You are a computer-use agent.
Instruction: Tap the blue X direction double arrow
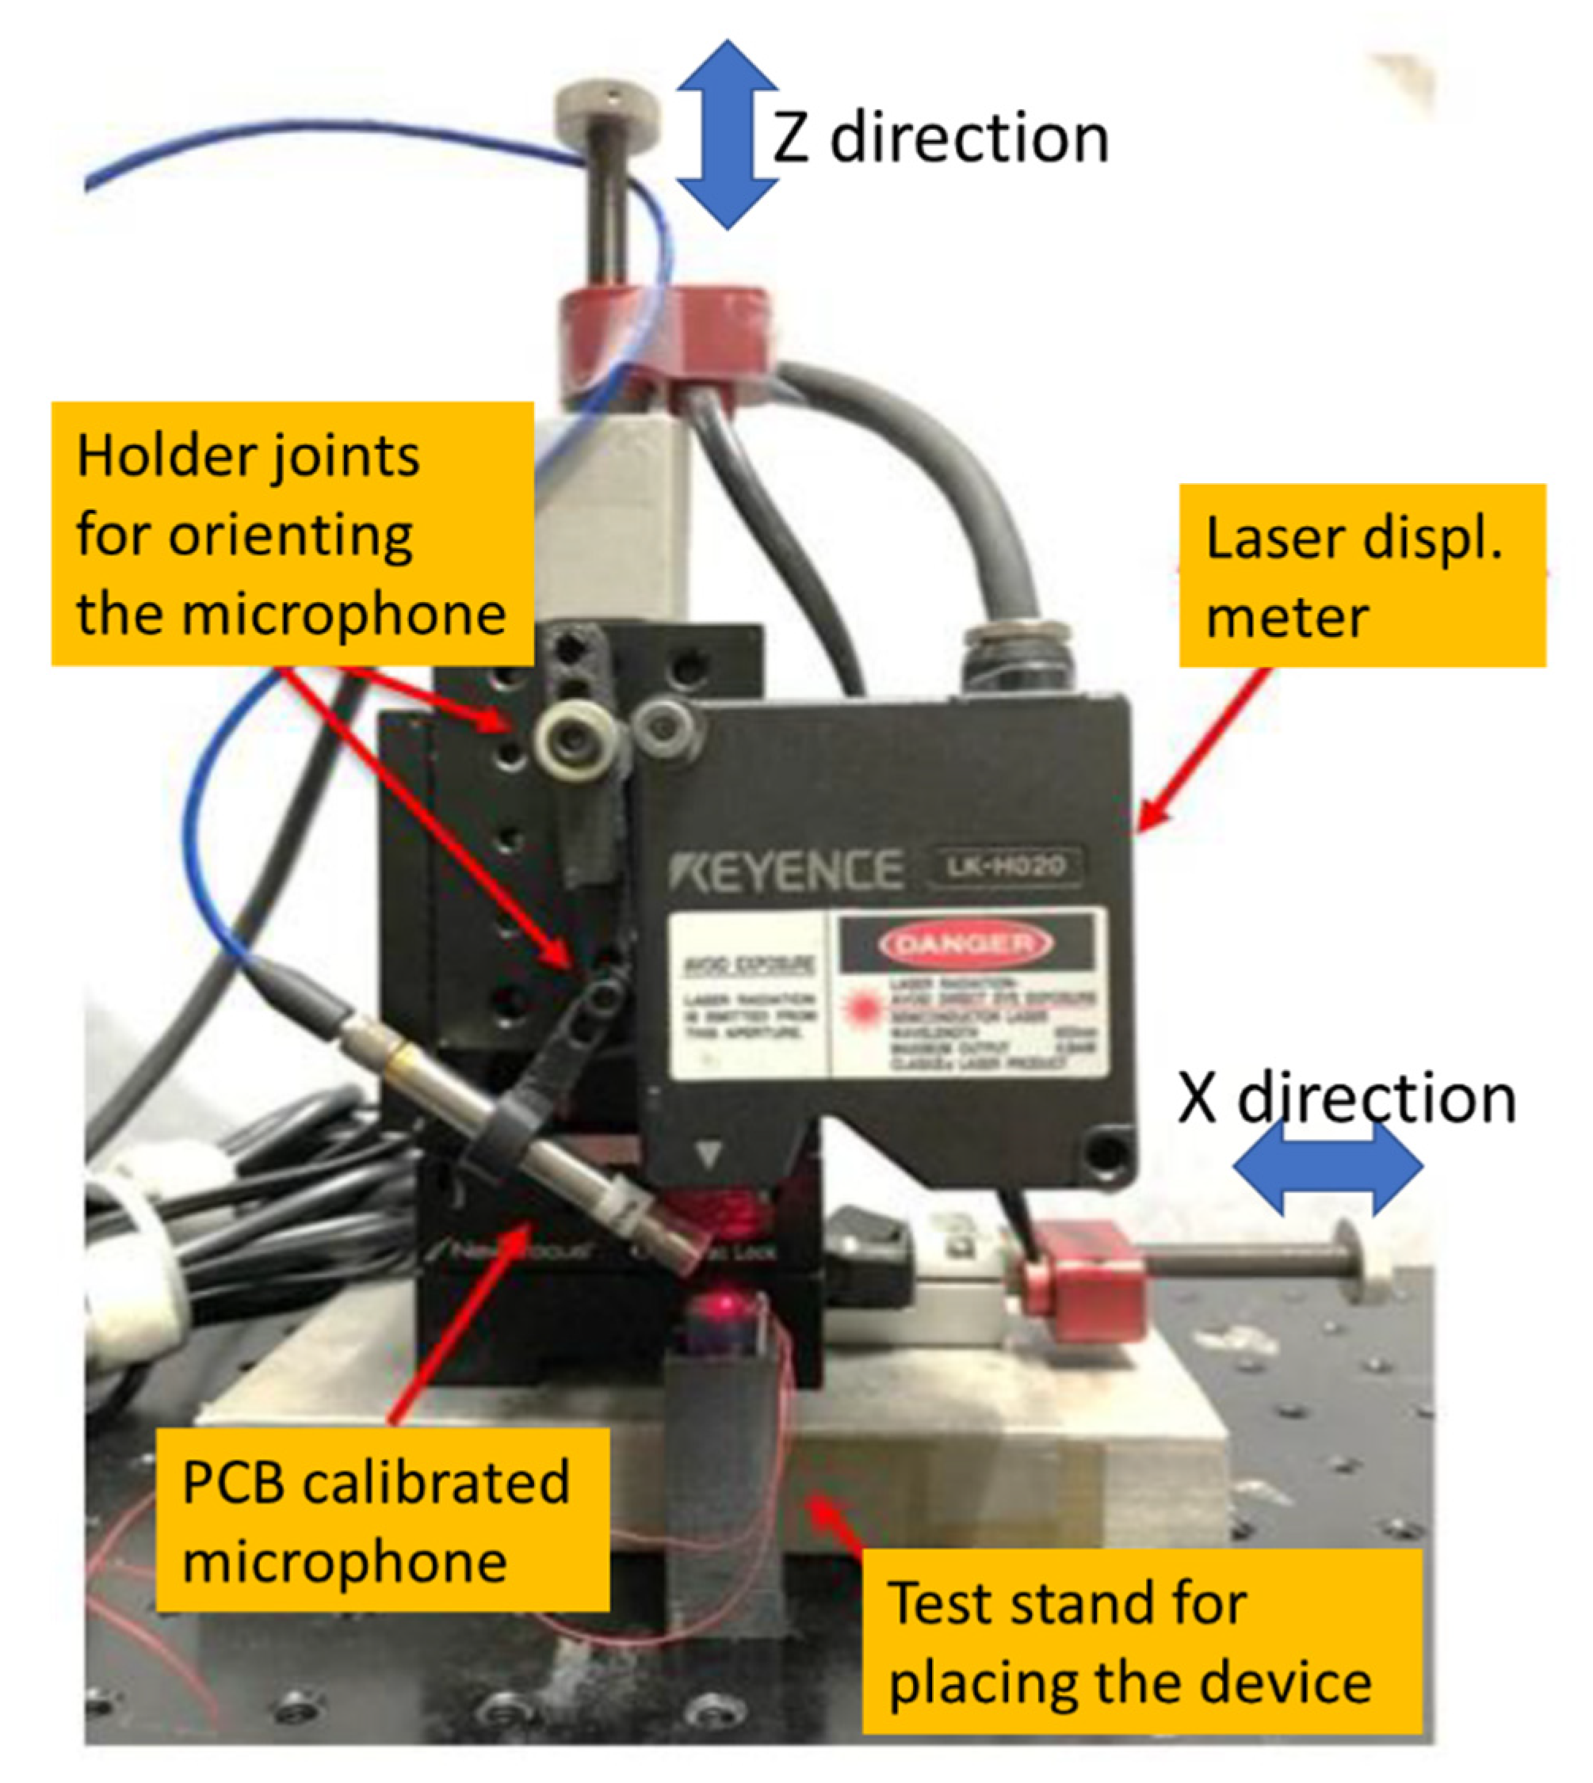coord(1327,1168)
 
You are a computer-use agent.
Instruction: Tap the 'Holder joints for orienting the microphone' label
coord(292,533)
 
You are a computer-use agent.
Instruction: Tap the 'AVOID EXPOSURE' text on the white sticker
coord(748,965)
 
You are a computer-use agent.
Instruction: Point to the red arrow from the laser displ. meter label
coord(1205,749)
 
